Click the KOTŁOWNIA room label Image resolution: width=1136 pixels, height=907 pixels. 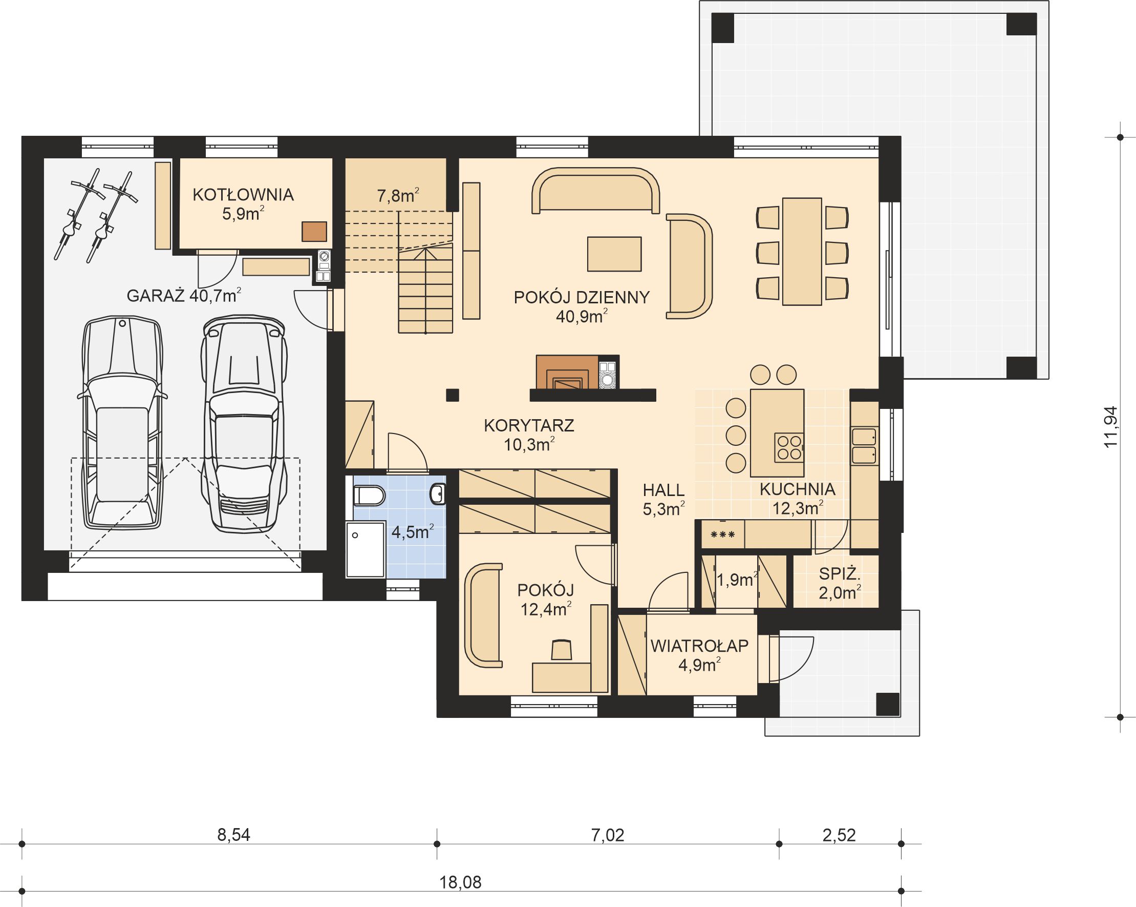[x=243, y=195]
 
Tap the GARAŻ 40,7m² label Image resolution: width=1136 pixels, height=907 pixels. [x=184, y=296]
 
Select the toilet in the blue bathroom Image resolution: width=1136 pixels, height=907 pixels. [x=369, y=496]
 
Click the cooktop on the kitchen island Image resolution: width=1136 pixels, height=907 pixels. [x=789, y=448]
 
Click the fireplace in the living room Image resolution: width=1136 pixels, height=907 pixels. [x=567, y=373]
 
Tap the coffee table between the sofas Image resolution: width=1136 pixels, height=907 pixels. [x=614, y=254]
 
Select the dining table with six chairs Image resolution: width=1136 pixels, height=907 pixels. [x=802, y=252]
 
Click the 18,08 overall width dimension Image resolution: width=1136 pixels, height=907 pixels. [x=461, y=882]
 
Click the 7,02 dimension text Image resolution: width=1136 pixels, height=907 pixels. [x=608, y=835]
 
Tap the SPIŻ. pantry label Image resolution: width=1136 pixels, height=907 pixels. [x=840, y=574]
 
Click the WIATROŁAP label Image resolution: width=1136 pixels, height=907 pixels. [x=699, y=646]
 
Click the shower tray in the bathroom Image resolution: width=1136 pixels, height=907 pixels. [x=366, y=549]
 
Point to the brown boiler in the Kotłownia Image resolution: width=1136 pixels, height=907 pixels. [x=314, y=232]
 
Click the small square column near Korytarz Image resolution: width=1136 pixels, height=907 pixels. [x=452, y=395]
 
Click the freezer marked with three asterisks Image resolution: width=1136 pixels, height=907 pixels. [x=723, y=534]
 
